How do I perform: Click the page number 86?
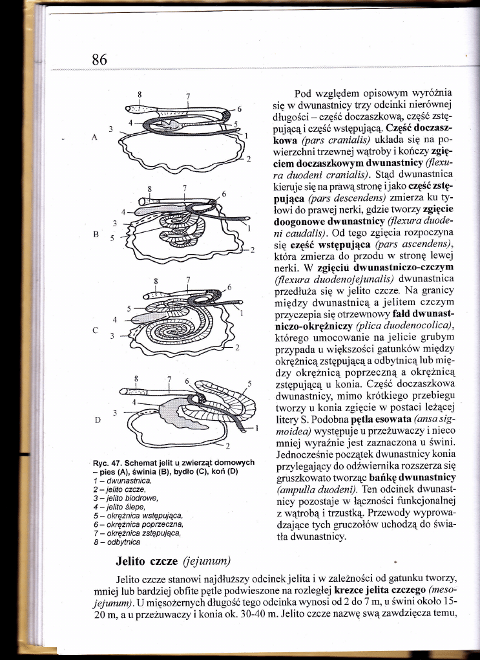(99, 59)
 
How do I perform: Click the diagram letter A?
(96, 138)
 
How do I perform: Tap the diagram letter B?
(96, 235)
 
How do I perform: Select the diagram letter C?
(96, 329)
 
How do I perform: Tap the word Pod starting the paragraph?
(303, 92)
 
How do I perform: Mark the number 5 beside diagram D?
(249, 383)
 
